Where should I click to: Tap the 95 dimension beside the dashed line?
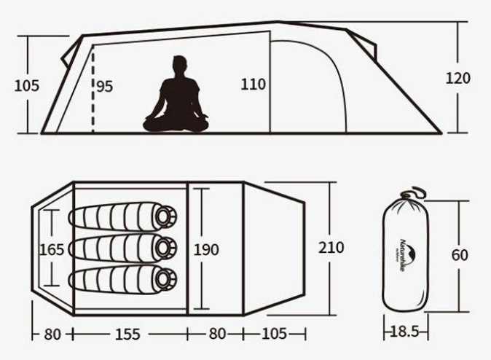coord(104,86)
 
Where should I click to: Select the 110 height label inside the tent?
coord(254,85)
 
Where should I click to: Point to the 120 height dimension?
coord(458,78)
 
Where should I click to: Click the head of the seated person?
coord(179,66)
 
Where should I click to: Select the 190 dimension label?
coord(206,249)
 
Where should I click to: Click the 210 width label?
coord(331,248)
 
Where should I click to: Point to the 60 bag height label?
coord(460,255)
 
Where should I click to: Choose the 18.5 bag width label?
coord(405,332)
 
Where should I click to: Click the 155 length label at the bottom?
coord(127,334)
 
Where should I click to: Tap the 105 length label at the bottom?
coord(274,334)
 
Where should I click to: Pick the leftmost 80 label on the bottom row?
coord(52,334)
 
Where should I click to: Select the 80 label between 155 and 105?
coord(217,334)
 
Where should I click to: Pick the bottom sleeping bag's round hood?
coord(166,278)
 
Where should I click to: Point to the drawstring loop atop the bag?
coord(416,192)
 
